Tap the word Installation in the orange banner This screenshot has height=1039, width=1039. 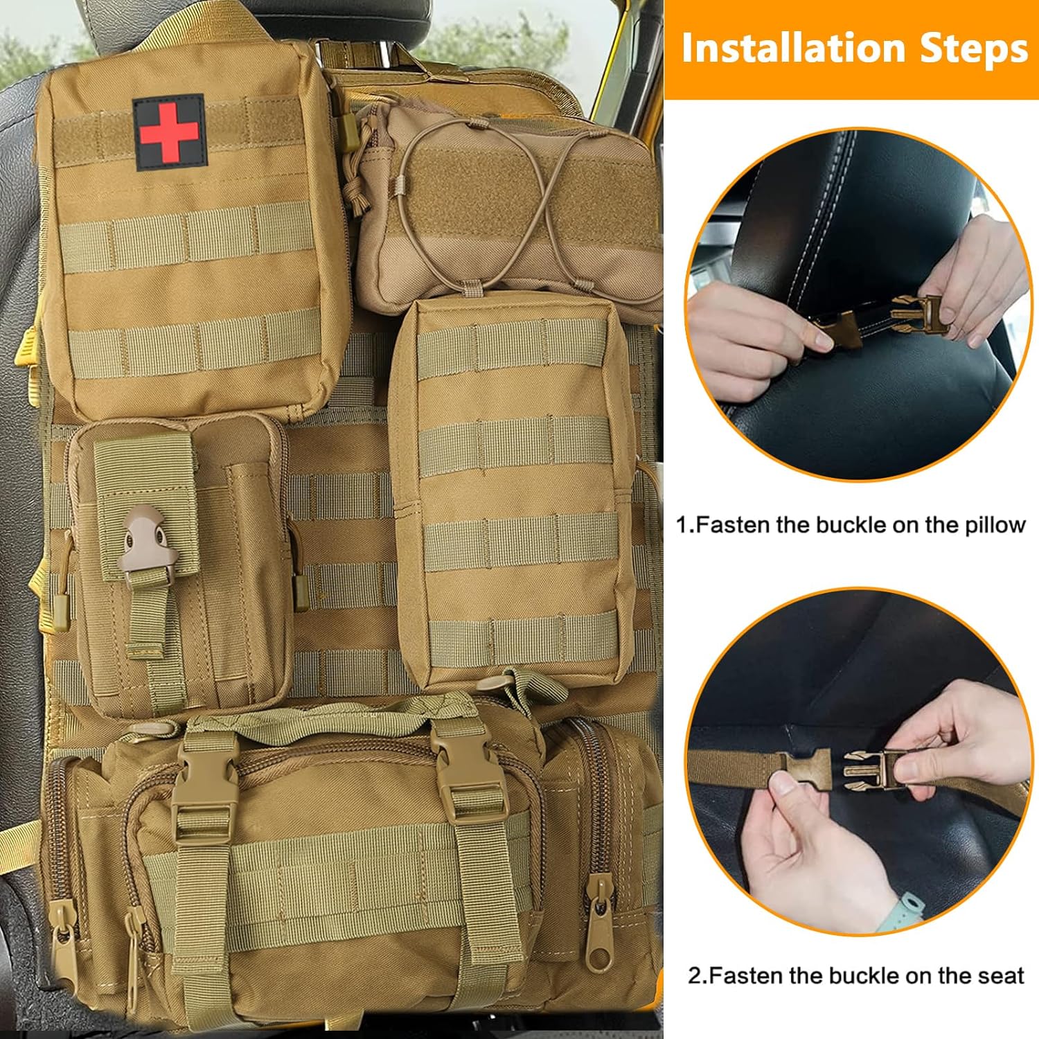(x=793, y=48)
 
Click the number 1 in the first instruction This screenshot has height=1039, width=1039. (x=682, y=526)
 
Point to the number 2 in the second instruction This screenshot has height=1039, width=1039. (x=695, y=977)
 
